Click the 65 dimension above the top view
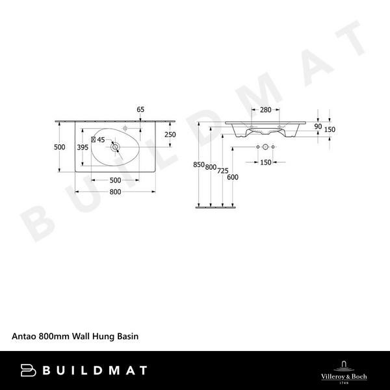point(140,110)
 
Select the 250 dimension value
point(170,135)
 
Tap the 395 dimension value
point(82,148)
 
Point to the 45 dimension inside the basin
point(101,139)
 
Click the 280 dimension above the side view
point(265,110)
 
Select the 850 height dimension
point(200,165)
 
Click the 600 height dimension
point(233,177)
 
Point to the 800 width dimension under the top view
point(116,192)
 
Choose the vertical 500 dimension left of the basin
point(60,148)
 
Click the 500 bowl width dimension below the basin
point(115,180)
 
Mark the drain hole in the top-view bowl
point(115,148)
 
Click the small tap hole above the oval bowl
point(127,125)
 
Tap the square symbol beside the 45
point(93,139)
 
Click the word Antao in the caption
point(25,337)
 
